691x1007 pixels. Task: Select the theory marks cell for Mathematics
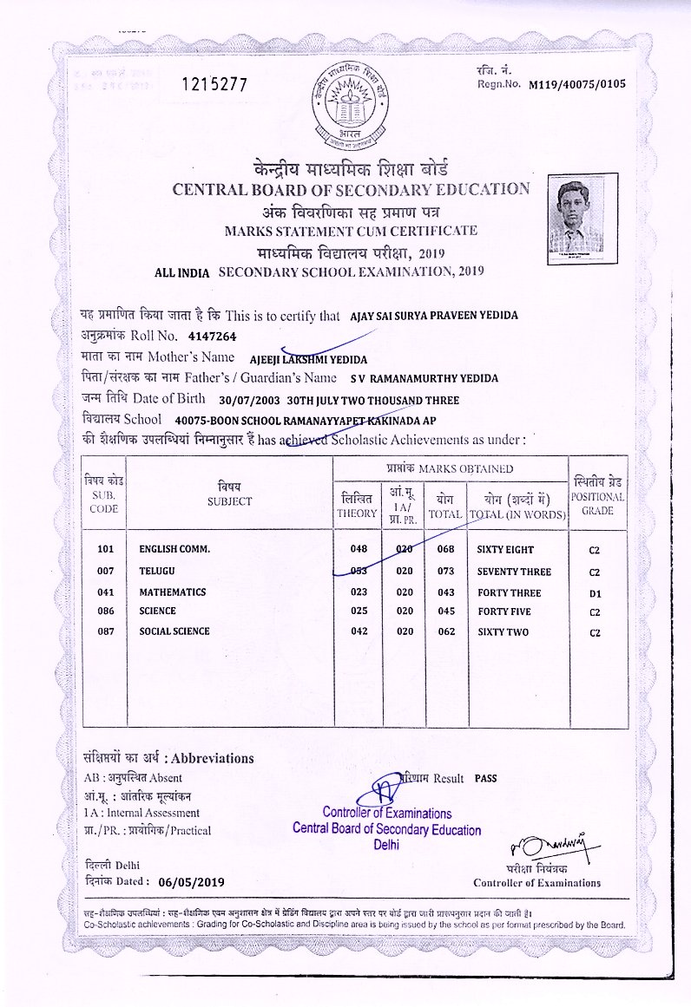pyautogui.click(x=358, y=592)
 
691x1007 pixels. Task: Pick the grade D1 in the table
pyautogui.click(x=595, y=593)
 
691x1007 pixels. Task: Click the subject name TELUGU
pyautogui.click(x=157, y=572)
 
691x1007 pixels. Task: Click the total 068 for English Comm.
pyautogui.click(x=446, y=550)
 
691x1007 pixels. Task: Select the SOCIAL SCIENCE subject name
pyautogui.click(x=174, y=631)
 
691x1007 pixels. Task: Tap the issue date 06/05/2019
pyautogui.click(x=192, y=881)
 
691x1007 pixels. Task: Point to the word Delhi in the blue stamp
pyautogui.click(x=386, y=845)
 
